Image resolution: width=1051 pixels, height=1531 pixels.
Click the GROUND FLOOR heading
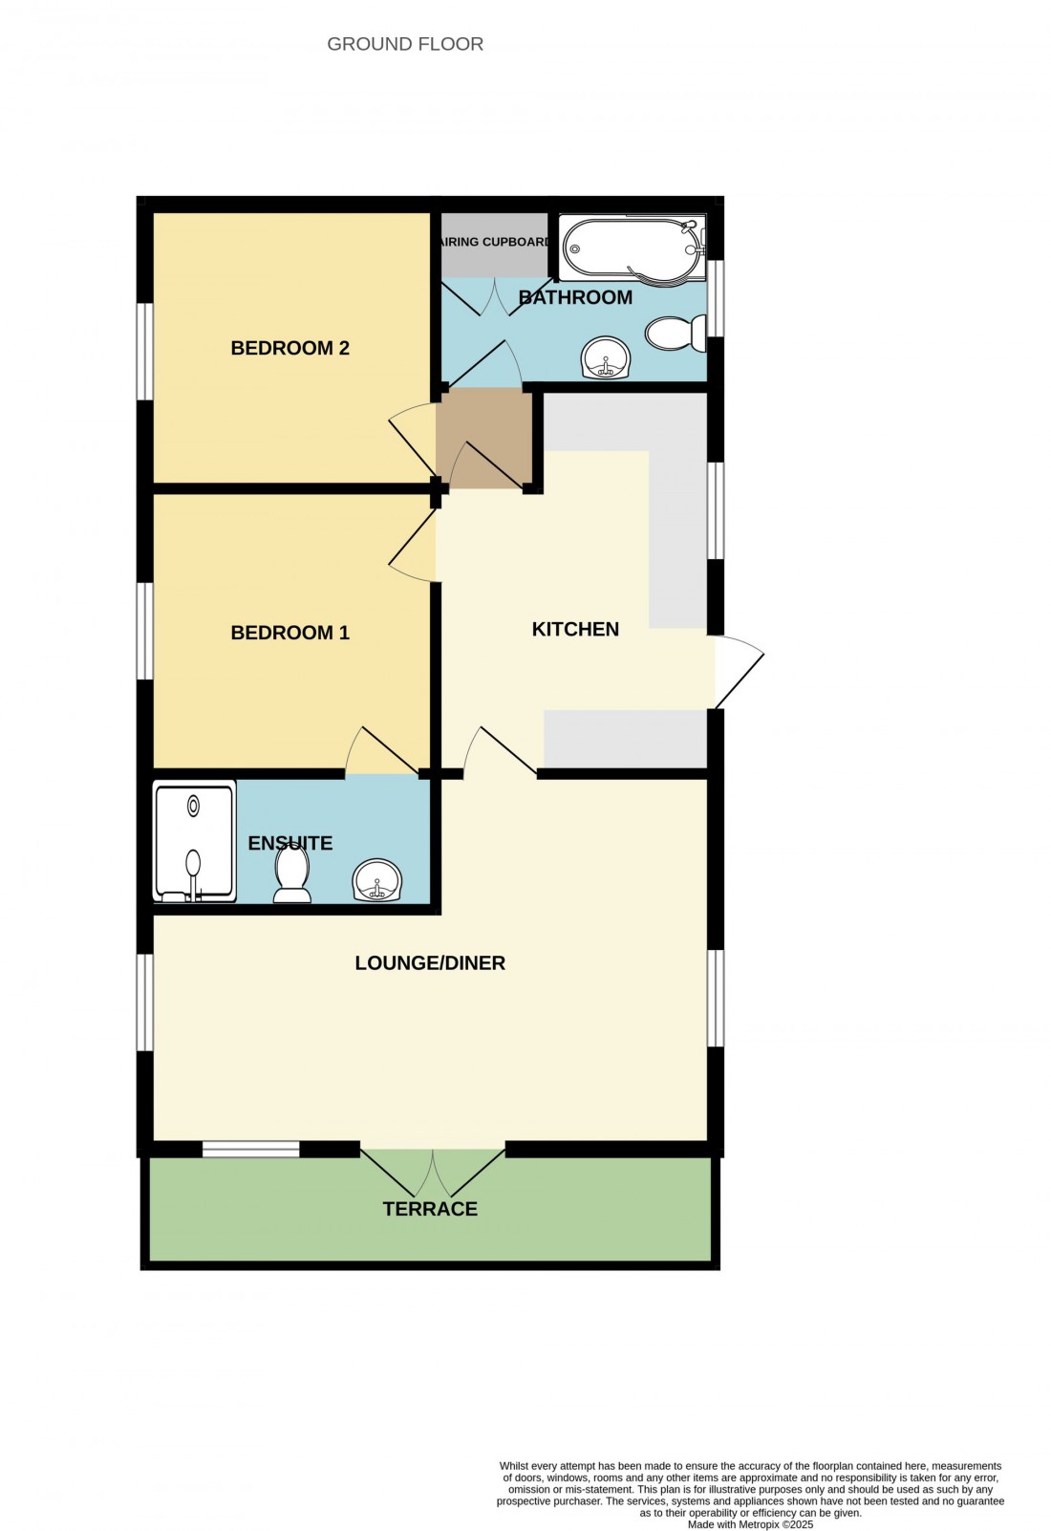405,44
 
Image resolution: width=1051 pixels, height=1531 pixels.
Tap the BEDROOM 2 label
290,348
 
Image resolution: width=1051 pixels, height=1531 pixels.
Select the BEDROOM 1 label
290,633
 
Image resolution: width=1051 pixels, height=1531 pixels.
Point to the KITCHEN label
575,629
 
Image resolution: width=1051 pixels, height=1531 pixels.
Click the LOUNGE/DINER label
430,963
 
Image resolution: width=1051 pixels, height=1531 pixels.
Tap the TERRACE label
430,1209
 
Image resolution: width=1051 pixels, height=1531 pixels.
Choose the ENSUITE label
290,843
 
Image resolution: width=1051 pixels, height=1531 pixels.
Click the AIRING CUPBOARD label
495,242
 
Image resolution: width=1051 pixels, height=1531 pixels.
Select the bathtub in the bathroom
632,251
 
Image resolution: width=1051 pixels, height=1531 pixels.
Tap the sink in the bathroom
606,357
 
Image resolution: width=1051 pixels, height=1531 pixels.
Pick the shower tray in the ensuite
195,843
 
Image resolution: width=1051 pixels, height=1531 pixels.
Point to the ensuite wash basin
377,879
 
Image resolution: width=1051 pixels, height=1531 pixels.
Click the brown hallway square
483,437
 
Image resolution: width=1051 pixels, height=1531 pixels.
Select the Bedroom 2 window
145,351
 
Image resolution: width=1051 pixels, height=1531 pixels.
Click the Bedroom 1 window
145,631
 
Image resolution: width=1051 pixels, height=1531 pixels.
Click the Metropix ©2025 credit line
750,1525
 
